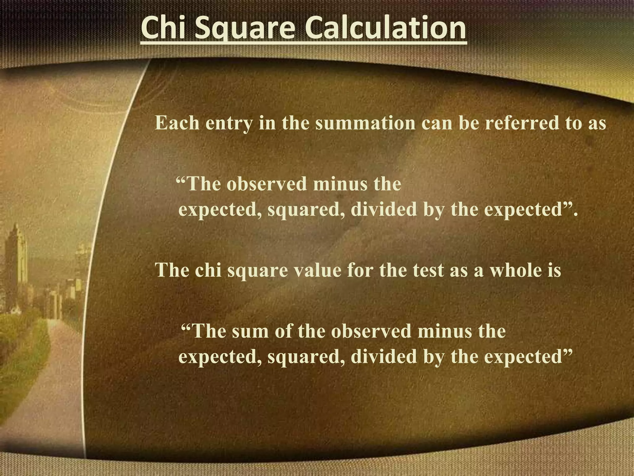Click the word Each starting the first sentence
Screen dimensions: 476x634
point(177,123)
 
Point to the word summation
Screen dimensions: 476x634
point(365,123)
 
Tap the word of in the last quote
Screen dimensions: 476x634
point(283,331)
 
